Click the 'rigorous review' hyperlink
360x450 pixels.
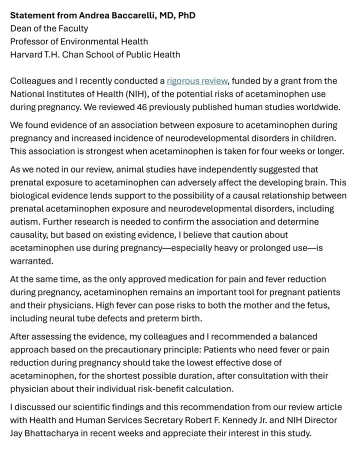(197, 80)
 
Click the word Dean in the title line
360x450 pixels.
(20, 28)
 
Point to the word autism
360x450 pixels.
(23, 221)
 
